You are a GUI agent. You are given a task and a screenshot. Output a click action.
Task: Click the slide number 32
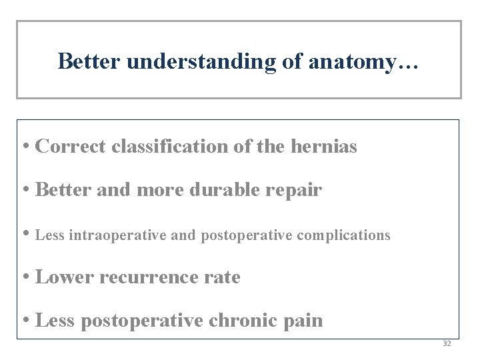[447, 344]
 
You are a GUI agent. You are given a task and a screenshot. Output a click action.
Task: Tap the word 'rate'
[225, 277]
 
